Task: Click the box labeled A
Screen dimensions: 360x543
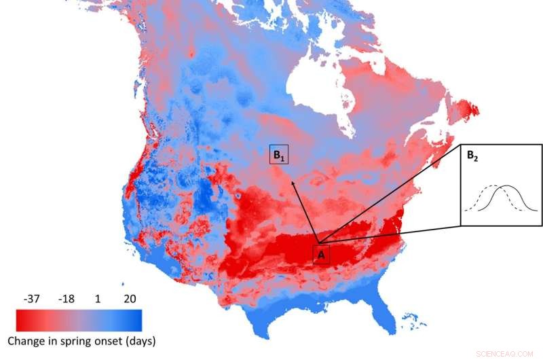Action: (321, 255)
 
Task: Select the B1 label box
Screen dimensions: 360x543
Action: (279, 155)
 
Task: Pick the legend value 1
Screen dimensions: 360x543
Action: (99, 299)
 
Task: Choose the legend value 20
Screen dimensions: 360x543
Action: (131, 299)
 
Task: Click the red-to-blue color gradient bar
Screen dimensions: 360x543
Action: (79, 319)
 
